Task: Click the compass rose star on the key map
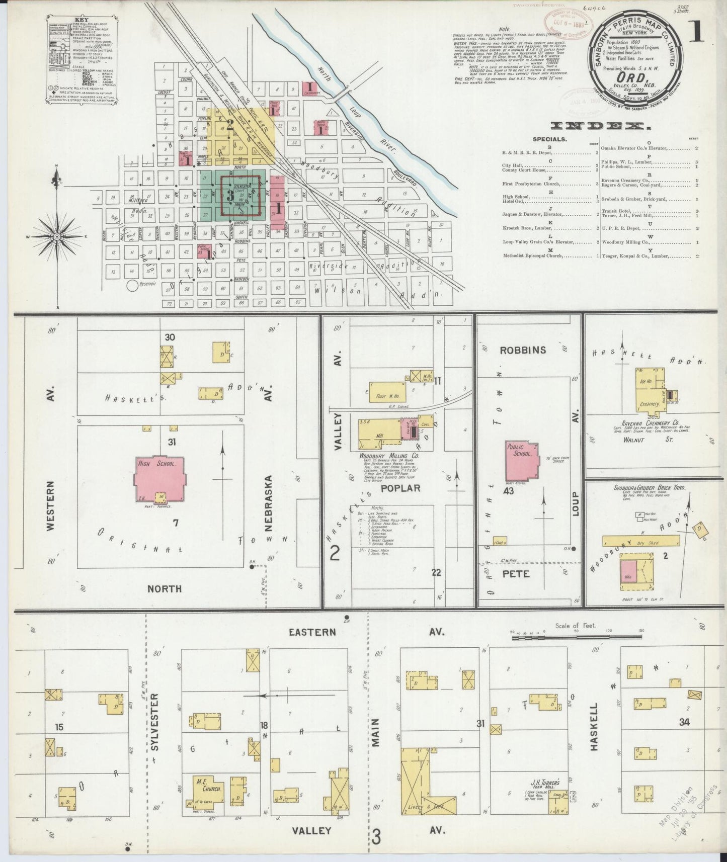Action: click(57, 236)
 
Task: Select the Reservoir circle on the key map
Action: click(133, 286)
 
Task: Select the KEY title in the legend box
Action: click(81, 21)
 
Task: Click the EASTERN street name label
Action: click(312, 632)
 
